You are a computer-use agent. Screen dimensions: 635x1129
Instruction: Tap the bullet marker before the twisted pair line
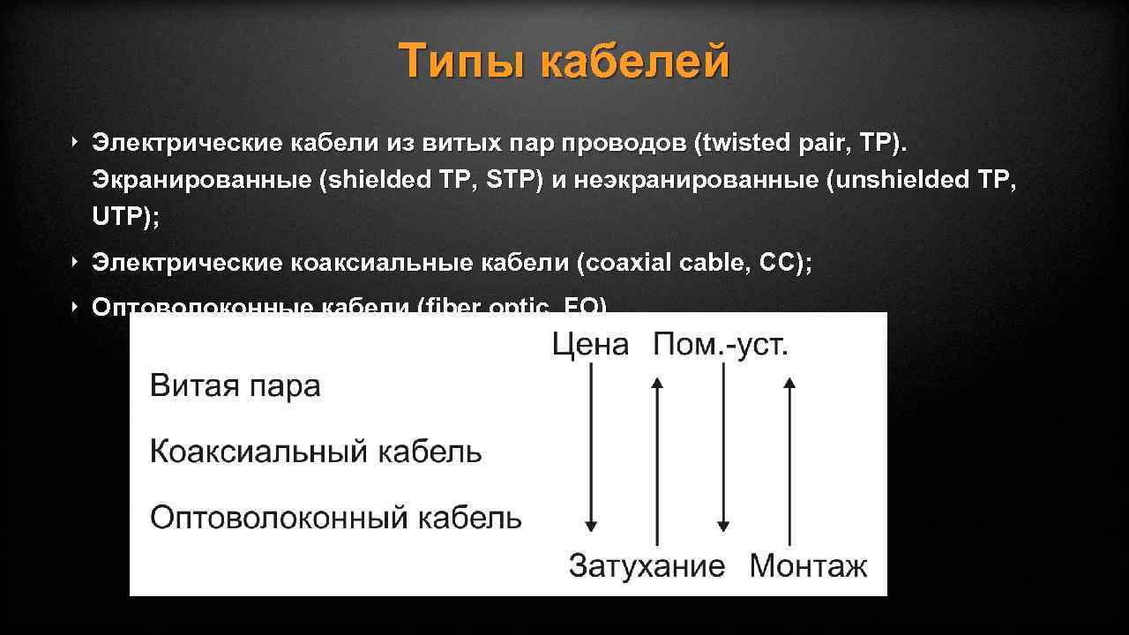(x=76, y=141)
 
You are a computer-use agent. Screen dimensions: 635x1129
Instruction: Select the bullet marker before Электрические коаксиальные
(x=76, y=262)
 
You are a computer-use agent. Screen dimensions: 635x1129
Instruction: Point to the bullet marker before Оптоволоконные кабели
(x=76, y=306)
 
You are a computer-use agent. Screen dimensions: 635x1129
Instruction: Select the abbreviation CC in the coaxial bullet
(x=770, y=263)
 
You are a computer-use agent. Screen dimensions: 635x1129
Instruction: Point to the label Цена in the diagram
(x=590, y=345)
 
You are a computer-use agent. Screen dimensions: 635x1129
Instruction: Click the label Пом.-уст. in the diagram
(x=721, y=345)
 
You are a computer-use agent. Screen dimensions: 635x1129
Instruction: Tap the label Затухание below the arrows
(x=647, y=566)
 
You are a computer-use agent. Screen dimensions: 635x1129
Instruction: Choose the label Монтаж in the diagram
(x=808, y=566)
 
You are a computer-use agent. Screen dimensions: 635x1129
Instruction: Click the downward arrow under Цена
(x=591, y=450)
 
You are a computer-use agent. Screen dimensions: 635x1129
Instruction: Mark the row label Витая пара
(x=236, y=386)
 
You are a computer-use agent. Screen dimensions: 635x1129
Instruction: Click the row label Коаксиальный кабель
(x=316, y=452)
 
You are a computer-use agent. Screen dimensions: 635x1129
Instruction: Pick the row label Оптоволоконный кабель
(x=335, y=518)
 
